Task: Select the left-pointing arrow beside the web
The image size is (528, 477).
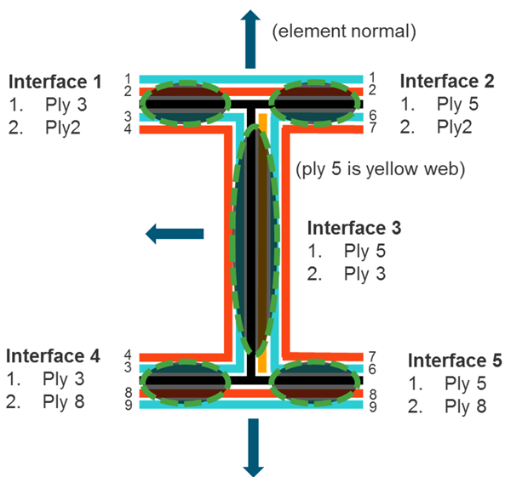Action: coord(175,233)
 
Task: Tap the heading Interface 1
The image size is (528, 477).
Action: coord(55,82)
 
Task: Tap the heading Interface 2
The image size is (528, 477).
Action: coord(447,82)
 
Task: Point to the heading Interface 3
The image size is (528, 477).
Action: coord(354,228)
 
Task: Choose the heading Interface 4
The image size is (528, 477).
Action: coord(53,356)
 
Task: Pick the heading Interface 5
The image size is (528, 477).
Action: coord(455,361)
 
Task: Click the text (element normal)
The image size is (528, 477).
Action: coord(343,33)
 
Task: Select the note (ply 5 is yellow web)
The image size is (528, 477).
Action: coord(380,169)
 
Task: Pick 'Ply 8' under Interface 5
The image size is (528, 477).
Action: coord(466,406)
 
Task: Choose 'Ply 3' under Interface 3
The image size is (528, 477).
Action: coord(365,274)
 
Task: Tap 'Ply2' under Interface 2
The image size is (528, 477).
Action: coord(455,128)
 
